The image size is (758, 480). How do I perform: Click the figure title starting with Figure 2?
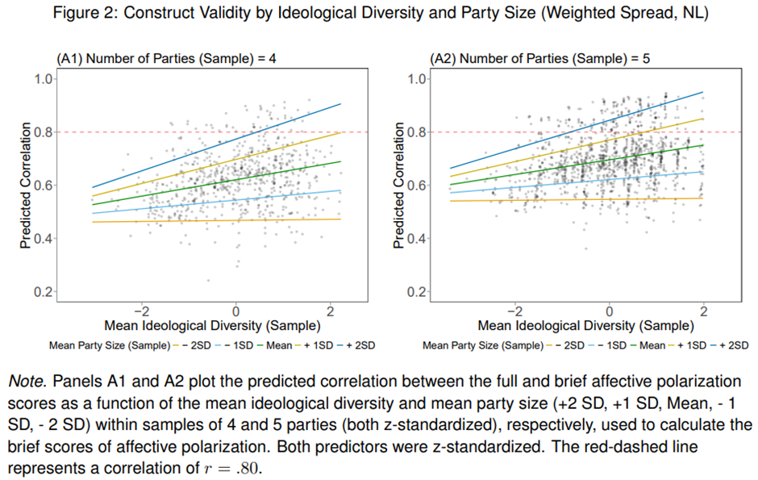point(379,14)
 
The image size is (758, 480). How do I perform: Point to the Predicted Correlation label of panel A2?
point(399,186)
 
